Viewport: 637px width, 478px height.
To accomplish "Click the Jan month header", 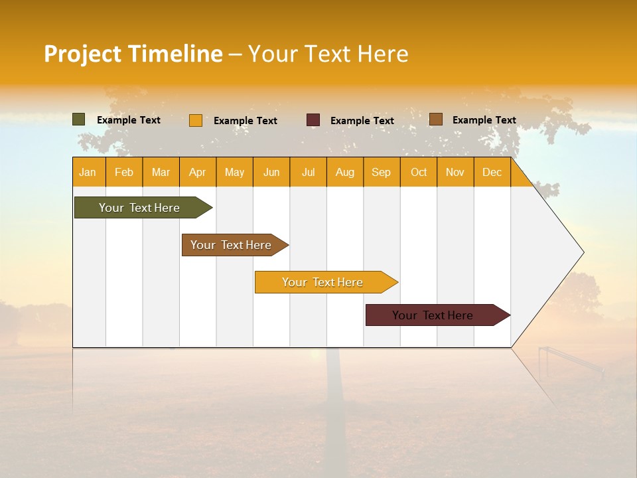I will coord(88,172).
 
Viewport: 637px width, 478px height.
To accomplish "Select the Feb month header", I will coord(124,172).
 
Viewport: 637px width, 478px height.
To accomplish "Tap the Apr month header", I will coord(198,172).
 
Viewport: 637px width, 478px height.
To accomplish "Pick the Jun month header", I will coord(271,172).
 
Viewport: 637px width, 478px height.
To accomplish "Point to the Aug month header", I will coord(345,172).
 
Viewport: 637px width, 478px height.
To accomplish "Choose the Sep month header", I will coord(382,172).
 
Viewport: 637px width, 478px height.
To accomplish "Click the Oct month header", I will coord(419,172).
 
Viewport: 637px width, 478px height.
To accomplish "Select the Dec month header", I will coord(492,172).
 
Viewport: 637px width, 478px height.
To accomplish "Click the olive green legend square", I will coord(79,119).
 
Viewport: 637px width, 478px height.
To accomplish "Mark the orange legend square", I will coord(196,120).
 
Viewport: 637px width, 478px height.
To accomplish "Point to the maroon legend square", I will coord(313,120).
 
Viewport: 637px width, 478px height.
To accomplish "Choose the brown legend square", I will coord(436,119).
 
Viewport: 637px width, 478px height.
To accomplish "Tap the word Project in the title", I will coord(82,54).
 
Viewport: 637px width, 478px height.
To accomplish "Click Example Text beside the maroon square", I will coord(362,121).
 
